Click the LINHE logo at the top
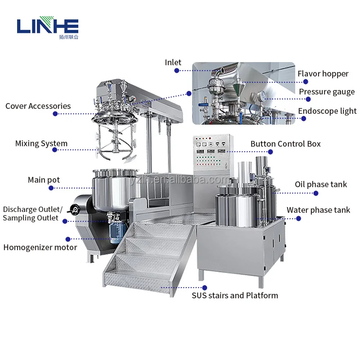click(48, 27)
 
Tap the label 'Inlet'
click(173, 63)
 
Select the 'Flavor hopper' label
click(323, 74)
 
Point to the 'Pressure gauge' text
click(327, 92)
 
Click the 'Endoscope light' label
click(327, 111)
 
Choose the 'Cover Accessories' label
click(38, 106)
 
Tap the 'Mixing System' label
click(41, 144)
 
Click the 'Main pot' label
click(44, 180)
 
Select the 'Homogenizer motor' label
click(40, 247)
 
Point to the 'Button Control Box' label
click(286, 144)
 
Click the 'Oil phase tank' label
click(321, 184)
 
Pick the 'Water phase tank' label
click(318, 210)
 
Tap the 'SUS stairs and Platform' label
click(235, 296)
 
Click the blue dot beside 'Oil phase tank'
click(316, 193)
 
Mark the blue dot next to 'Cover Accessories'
click(55, 114)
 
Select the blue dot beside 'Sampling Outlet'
click(65, 221)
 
